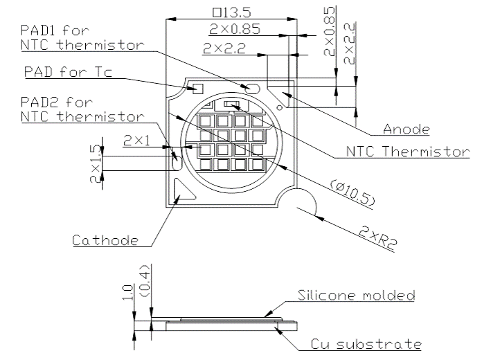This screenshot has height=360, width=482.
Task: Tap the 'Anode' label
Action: point(407,129)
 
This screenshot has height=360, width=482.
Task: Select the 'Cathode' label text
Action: point(105,240)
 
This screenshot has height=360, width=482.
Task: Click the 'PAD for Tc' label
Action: point(68,73)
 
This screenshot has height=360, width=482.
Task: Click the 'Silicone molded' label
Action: point(356,296)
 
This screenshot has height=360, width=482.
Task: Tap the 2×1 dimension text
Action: point(137,141)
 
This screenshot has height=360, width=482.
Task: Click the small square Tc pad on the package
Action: point(196,88)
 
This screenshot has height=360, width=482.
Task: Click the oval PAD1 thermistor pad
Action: point(251,88)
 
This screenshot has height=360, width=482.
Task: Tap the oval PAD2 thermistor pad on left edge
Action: point(177,159)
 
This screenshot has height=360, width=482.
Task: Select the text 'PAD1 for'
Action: point(55,31)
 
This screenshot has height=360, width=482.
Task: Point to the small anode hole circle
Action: point(279,107)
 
